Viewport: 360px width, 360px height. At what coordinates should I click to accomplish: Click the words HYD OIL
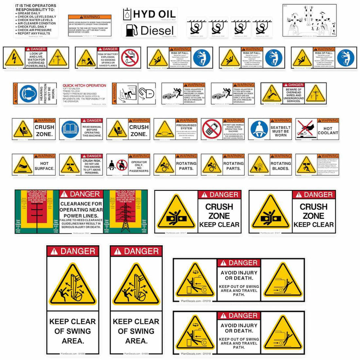154,14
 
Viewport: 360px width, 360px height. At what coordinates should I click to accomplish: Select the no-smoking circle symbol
130,58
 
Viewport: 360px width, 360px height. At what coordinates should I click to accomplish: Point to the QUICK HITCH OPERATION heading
84,85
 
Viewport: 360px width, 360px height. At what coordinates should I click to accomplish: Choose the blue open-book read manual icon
70,129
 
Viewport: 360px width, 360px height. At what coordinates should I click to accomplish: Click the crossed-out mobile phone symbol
211,129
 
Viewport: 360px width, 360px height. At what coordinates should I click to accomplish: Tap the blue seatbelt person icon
259,129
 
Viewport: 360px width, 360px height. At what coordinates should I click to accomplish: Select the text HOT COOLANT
328,131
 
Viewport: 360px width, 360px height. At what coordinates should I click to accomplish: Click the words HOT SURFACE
44,166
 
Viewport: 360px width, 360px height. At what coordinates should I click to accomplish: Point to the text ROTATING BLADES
280,166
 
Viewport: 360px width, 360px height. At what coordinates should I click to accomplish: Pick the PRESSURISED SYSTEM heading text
186,127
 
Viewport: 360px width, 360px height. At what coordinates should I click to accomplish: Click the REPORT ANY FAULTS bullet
34,33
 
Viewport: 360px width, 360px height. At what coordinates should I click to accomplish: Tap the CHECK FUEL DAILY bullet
32,27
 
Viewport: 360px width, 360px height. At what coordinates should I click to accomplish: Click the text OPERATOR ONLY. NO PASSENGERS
139,166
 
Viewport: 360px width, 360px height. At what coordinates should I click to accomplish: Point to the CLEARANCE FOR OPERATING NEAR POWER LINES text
81,209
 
